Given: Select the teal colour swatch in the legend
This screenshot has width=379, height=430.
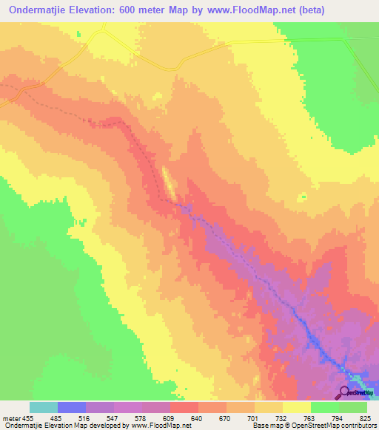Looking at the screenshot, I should tap(44, 407).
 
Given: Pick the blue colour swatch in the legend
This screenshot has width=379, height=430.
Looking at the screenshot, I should tap(72, 407).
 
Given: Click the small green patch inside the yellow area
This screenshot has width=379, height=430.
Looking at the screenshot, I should tap(303, 197).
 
